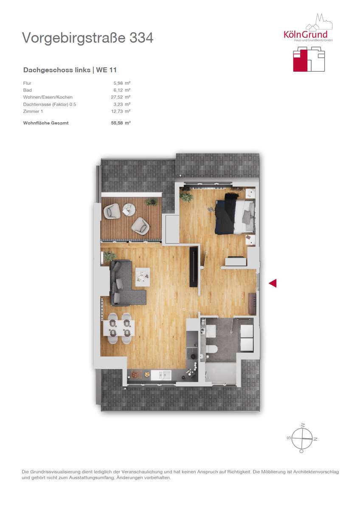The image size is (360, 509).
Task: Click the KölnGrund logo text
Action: pos(305,34)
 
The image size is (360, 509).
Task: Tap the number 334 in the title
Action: pos(141,38)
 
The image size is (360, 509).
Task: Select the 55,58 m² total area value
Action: pos(121,123)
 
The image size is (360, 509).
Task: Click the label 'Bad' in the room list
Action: pos(27,90)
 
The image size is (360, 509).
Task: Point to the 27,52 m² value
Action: pos(121,97)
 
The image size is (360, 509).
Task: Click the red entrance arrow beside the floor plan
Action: pos(273,283)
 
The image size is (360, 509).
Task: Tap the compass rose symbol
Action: pos(302,438)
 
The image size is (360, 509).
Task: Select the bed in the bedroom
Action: pos(234,214)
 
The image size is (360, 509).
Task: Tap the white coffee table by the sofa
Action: pos(143,277)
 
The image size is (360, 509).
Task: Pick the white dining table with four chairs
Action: pos(119,328)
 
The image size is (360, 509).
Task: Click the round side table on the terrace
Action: pos(129,209)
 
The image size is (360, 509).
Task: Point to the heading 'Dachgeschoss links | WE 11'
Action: pos(70,70)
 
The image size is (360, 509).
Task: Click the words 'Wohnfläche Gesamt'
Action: pos(46,123)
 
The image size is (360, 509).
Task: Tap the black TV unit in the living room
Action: pos(194,267)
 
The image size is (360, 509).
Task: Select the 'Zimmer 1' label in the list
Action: pos(33,111)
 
